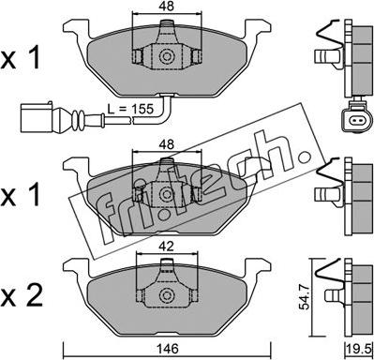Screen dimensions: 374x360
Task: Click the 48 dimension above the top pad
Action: coord(166,6)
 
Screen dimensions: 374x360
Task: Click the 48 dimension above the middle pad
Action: coord(166,144)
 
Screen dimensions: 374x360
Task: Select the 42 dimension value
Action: coord(166,247)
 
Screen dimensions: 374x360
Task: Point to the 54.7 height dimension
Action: coord(304,297)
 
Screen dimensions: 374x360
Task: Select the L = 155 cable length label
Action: coord(130,109)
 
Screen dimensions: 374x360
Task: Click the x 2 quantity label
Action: coord(21,296)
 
